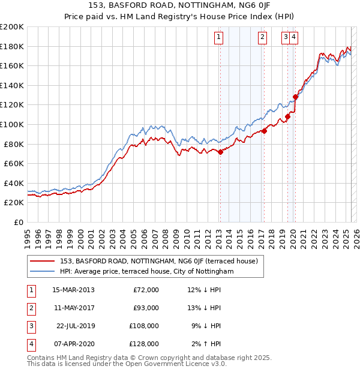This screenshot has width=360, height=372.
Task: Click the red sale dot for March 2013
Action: click(220, 152)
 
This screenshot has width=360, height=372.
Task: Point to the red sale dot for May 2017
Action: click(264, 131)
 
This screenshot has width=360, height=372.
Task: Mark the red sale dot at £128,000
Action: click(295, 97)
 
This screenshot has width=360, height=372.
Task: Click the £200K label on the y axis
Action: click(12, 27)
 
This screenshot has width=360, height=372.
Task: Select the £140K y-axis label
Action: click(12, 85)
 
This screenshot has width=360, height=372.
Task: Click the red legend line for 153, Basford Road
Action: click(42, 261)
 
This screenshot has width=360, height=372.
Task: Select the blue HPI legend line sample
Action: click(42, 271)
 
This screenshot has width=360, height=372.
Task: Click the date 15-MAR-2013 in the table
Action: click(73, 290)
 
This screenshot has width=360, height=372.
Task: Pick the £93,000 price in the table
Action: click(146, 308)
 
